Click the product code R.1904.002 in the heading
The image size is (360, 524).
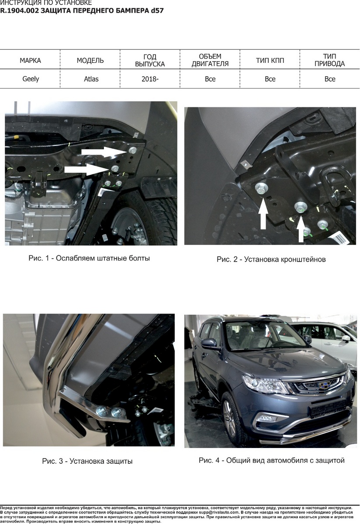point(19,10)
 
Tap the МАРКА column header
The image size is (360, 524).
point(30,60)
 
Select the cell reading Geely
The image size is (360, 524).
point(31,79)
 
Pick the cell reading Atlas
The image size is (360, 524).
point(91,79)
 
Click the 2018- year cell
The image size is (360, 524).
point(150,79)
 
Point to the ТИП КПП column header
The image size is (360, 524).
point(270,60)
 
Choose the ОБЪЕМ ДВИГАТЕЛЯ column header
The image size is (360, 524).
point(210,60)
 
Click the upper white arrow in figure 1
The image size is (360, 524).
point(104,152)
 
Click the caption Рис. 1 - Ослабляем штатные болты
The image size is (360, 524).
point(89,258)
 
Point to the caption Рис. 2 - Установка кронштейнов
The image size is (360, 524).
point(271,259)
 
